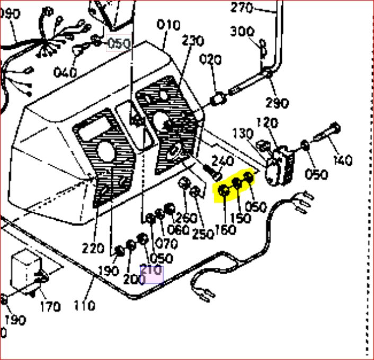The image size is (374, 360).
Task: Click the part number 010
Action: click(169, 25)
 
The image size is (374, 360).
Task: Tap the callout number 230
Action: click(193, 41)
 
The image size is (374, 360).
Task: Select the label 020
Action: click(210, 60)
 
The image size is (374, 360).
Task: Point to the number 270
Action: click(243, 7)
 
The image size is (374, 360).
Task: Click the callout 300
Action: click(243, 32)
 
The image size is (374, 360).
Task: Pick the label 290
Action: click(278, 102)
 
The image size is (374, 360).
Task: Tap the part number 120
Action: click(266, 123)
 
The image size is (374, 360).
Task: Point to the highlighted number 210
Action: click(151, 270)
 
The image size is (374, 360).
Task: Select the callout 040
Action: click(65, 72)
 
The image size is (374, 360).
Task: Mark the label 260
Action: click(186, 218)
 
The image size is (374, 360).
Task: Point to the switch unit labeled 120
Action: click(278, 165)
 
